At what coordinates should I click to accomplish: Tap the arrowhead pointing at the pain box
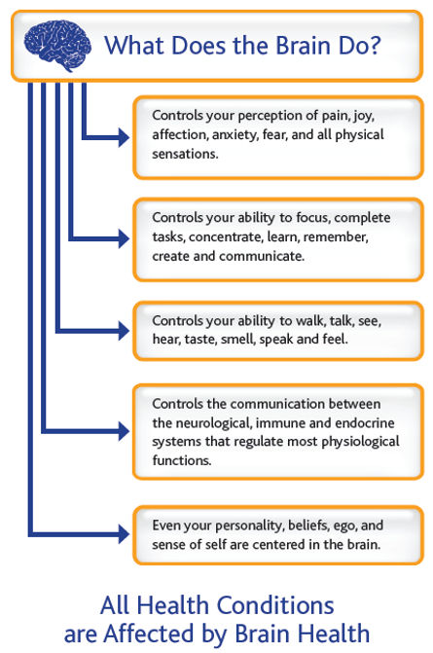(122, 137)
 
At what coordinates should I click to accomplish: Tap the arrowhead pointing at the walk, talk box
(122, 332)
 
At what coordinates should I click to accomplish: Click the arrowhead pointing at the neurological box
(122, 429)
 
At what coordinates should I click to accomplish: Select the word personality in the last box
(251, 526)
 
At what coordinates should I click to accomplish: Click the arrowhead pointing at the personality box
(122, 533)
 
